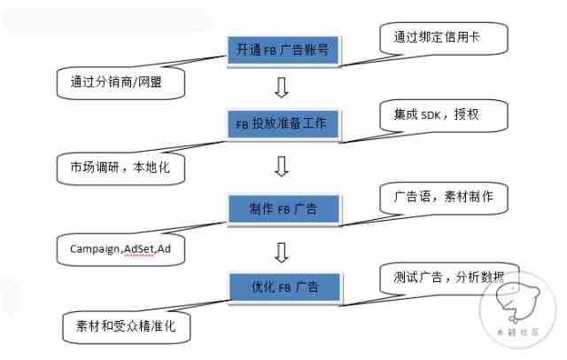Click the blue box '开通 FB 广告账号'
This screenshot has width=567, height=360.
pyautogui.click(x=283, y=50)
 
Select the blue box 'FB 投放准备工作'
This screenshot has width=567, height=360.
pyautogui.click(x=283, y=124)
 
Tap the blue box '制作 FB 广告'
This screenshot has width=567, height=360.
pyautogui.click(x=283, y=208)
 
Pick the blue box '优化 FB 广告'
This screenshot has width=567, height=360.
pyautogui.click(x=285, y=287)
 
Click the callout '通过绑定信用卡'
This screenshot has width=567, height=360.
pyautogui.click(x=444, y=38)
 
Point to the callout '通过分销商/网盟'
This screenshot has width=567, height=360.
pyautogui.click(x=120, y=82)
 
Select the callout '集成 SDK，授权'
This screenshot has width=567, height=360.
pyautogui.click(x=444, y=116)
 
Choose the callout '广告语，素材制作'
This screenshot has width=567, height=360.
pyautogui.click(x=444, y=199)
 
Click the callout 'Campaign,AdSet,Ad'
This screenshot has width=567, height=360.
pyautogui.click(x=120, y=250)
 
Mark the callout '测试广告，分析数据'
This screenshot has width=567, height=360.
pyautogui.click(x=449, y=279)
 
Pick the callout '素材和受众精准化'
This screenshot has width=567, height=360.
pyautogui.click(x=126, y=328)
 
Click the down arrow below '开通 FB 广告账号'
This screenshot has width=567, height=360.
pyautogui.click(x=282, y=88)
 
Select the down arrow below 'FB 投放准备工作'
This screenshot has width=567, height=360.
pyautogui.click(x=282, y=167)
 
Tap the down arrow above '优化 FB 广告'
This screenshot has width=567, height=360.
pyautogui.click(x=282, y=252)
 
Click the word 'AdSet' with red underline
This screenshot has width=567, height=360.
pyautogui.click(x=139, y=249)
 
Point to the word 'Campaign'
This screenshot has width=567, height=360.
pyautogui.click(x=95, y=250)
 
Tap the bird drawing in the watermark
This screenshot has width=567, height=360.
pyautogui.click(x=517, y=303)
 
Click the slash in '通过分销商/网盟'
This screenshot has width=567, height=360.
pyautogui.click(x=136, y=82)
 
